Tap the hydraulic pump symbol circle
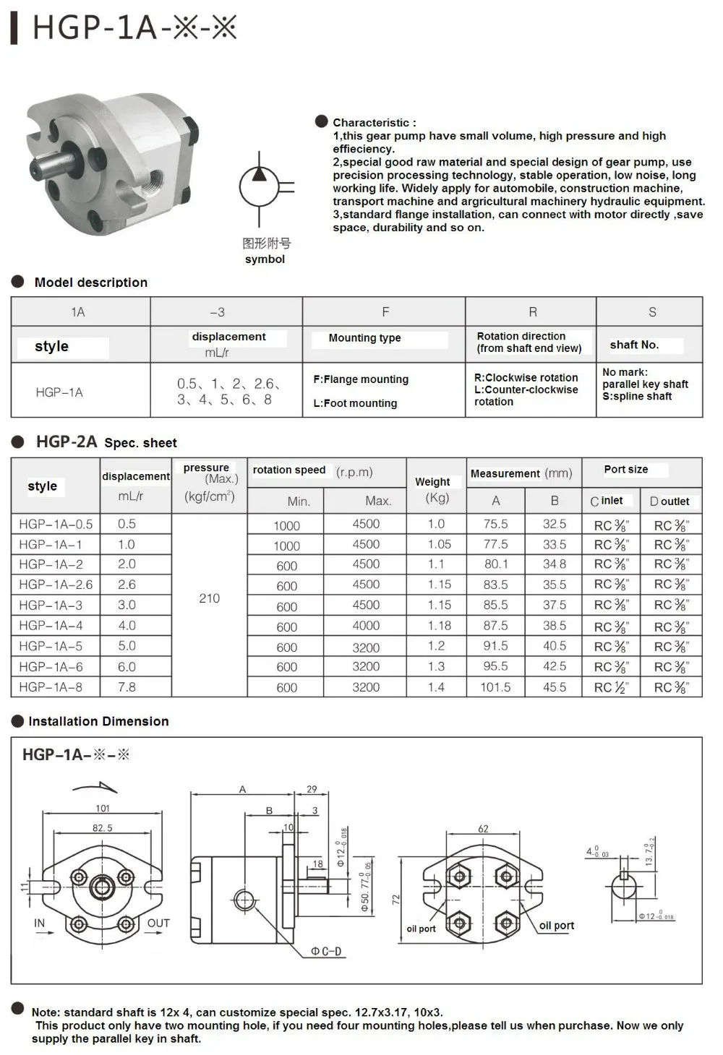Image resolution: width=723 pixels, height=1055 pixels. pyautogui.click(x=259, y=186)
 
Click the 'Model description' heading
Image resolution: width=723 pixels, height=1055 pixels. pyautogui.click(x=90, y=283)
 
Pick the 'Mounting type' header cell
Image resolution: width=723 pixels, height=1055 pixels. pyautogui.click(x=364, y=337)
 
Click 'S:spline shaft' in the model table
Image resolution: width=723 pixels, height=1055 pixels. pyautogui.click(x=637, y=396)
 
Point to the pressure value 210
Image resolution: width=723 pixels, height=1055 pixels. pyautogui.click(x=209, y=598)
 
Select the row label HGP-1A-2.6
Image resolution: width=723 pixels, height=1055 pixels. pyautogui.click(x=56, y=585)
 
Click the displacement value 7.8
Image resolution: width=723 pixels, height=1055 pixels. pyautogui.click(x=127, y=687)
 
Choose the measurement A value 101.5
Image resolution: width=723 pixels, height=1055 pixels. pyautogui.click(x=495, y=687)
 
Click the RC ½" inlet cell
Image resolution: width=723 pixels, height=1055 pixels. pyautogui.click(x=611, y=688)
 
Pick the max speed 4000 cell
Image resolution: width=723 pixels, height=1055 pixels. pyautogui.click(x=366, y=626)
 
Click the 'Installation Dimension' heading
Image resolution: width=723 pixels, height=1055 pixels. pyautogui.click(x=98, y=721)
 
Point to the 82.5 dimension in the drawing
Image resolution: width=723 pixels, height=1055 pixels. pyautogui.click(x=102, y=828)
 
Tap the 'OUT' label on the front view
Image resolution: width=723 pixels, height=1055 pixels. pyautogui.click(x=158, y=923)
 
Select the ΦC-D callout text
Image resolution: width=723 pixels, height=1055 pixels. pyautogui.click(x=326, y=951)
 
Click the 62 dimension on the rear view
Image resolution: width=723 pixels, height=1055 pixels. pyautogui.click(x=483, y=829)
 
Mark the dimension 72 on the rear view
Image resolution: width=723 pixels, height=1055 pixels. pyautogui.click(x=395, y=899)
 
